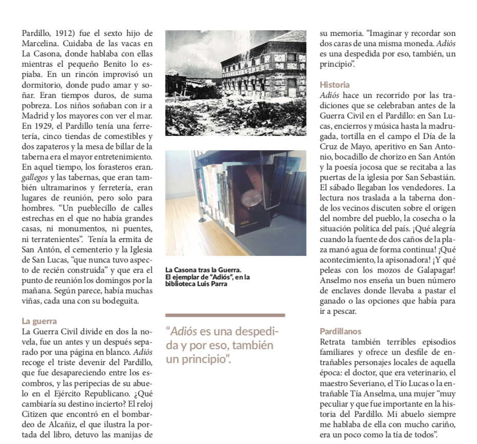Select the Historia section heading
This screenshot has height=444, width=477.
(334, 85)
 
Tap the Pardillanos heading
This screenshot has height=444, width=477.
(341, 331)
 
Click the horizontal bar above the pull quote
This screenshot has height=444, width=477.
(225, 315)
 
